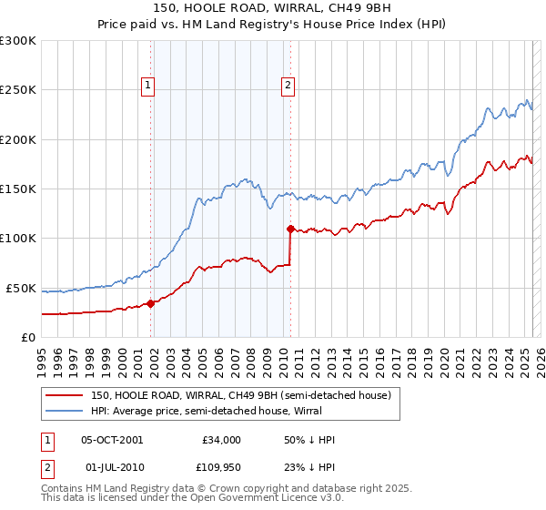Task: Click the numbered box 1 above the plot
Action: (x=147, y=87)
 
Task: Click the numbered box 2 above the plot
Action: (x=288, y=87)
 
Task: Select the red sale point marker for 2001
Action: (x=151, y=304)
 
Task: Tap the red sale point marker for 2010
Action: (x=290, y=229)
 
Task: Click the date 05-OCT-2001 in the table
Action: (x=112, y=440)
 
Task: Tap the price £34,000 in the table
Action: (x=220, y=440)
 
